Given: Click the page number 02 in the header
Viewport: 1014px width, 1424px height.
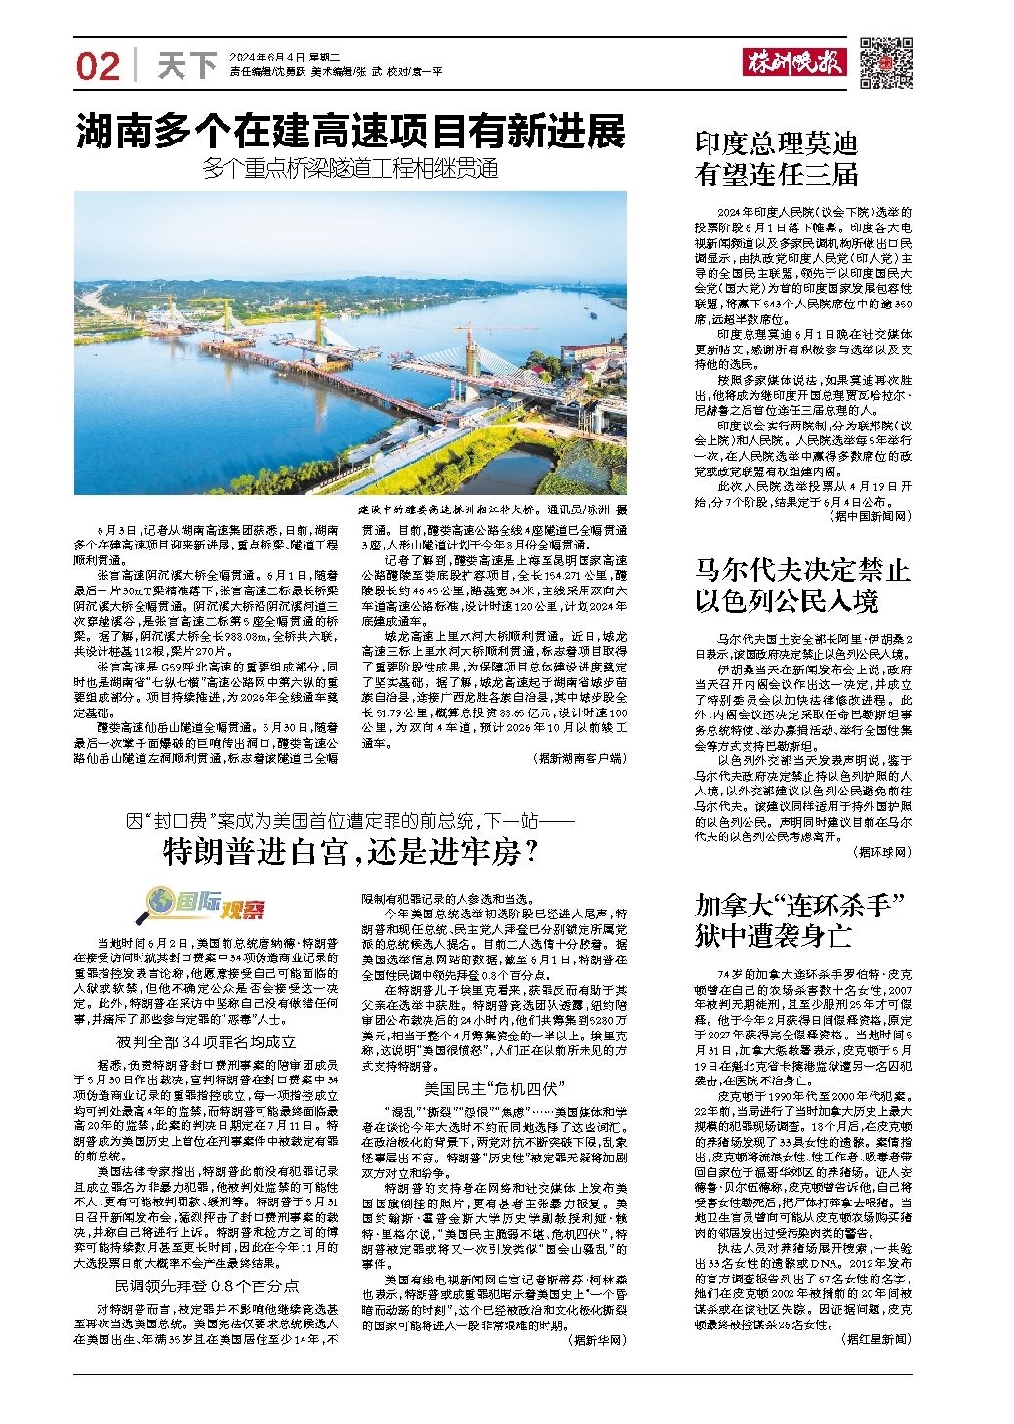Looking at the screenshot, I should (x=97, y=65).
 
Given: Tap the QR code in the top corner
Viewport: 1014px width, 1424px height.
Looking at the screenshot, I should (x=884, y=61).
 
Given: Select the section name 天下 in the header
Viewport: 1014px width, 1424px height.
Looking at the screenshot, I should (x=186, y=66).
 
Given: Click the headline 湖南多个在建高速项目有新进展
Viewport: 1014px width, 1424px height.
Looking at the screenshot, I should (x=350, y=132).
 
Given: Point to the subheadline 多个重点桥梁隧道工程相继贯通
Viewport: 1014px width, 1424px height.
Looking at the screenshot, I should (x=350, y=169).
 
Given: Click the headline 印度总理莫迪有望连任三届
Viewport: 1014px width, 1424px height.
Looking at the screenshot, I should (x=776, y=160).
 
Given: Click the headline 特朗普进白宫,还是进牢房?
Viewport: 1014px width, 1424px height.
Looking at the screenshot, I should (x=350, y=854).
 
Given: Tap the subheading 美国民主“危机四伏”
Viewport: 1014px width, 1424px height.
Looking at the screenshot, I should (x=487, y=1087).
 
